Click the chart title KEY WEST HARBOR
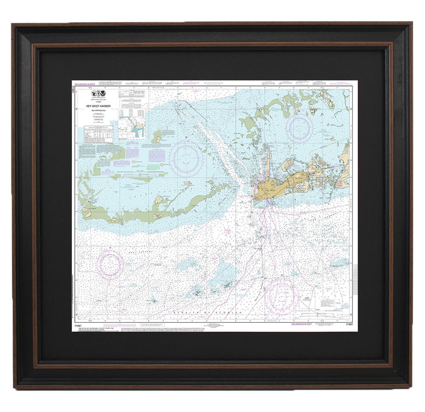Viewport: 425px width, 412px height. coord(95,106)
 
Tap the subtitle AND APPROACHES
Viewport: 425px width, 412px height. coord(95,111)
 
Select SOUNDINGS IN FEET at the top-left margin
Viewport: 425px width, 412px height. coord(84,84)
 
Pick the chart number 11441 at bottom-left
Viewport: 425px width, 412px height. coord(77,324)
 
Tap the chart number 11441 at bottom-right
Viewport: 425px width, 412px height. coord(349,324)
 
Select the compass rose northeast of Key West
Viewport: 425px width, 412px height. coord(298,125)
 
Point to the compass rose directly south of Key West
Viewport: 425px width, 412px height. coord(280,294)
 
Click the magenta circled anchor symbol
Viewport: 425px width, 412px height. coord(185,137)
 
